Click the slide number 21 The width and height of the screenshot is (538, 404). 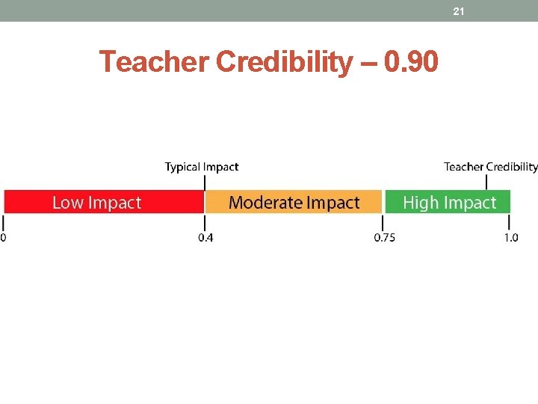(x=459, y=11)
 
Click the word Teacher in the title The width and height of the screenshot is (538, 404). (x=155, y=62)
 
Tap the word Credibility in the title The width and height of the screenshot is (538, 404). (x=284, y=63)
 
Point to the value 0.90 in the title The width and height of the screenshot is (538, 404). (x=410, y=62)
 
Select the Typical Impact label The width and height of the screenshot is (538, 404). (x=202, y=167)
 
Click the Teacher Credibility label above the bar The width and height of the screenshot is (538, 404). (x=490, y=167)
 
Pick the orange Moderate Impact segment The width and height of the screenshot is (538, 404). (x=294, y=202)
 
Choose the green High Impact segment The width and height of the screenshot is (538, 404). (x=448, y=202)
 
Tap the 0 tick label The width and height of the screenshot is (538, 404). (x=3, y=238)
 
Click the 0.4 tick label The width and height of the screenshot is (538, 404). (x=205, y=238)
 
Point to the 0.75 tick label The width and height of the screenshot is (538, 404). (x=385, y=238)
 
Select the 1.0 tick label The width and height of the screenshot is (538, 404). (x=510, y=238)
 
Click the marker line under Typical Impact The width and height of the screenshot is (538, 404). (x=205, y=182)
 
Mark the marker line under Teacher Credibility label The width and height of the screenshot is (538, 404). (x=487, y=182)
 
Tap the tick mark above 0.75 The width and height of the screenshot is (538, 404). (x=384, y=223)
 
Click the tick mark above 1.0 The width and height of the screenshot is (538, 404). (x=510, y=223)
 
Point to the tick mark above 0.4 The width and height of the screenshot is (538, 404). (x=205, y=223)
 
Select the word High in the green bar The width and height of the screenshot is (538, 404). (x=417, y=203)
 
